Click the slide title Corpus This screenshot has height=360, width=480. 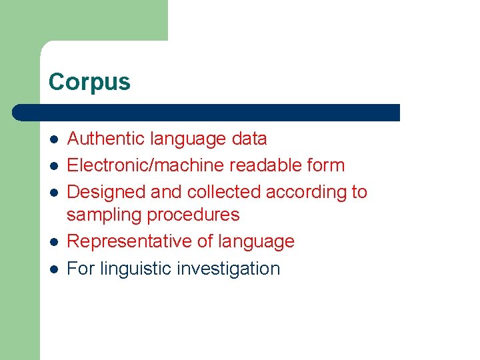pos(89,82)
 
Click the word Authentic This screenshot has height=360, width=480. pos(107,139)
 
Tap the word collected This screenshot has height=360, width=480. pos(223,192)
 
